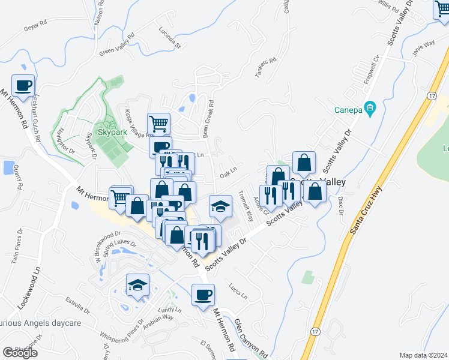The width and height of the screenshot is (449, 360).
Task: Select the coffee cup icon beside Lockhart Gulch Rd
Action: (23, 86)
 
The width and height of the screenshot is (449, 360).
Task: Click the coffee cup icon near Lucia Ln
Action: (203, 295)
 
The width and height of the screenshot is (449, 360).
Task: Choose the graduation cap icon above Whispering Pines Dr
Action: (137, 284)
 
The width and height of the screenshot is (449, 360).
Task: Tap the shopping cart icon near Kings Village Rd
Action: (158, 124)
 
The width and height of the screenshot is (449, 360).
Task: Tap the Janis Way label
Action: (424, 47)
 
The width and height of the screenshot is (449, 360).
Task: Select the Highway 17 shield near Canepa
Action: (432, 96)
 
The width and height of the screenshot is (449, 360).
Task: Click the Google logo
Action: (20, 353)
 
